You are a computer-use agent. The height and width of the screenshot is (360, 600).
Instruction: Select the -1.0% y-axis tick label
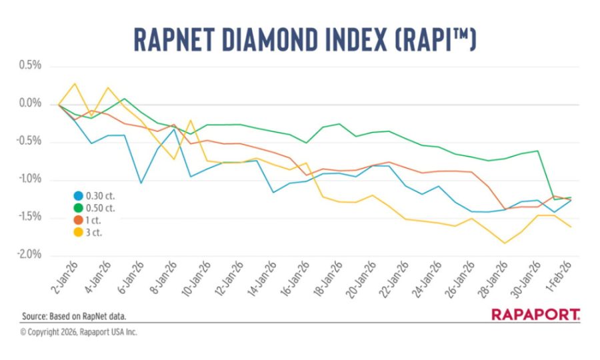29,180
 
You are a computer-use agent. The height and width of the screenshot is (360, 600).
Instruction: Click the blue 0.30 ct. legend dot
78,196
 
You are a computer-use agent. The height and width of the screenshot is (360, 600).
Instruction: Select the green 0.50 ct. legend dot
78,209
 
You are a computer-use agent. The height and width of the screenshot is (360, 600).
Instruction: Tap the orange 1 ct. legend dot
78,221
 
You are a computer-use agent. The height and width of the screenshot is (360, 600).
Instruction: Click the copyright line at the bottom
79,332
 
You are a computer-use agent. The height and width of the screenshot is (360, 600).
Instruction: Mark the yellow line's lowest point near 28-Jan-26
505,243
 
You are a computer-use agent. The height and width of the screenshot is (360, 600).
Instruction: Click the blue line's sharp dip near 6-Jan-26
140,183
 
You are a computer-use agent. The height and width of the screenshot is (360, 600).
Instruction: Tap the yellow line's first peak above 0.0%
75,84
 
